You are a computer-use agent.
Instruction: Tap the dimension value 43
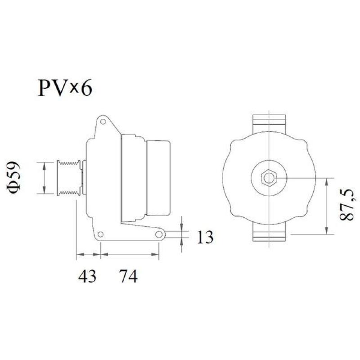pyautogui.click(x=87, y=275)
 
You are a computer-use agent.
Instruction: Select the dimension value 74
pyautogui.click(x=128, y=275)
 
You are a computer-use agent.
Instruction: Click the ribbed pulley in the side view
pyautogui.click(x=68, y=178)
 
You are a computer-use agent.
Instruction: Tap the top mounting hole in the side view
pyautogui.click(x=103, y=121)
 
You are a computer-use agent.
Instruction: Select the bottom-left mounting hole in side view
pyautogui.click(x=101, y=234)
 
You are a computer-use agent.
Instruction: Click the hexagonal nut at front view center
pyautogui.click(x=269, y=178)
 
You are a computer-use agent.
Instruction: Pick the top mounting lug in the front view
pyautogui.click(x=269, y=123)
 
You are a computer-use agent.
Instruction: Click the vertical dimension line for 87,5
pyautogui.click(x=326, y=206)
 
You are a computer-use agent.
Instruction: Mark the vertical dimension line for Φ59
pyautogui.click(x=44, y=178)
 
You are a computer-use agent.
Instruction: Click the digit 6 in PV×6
pyautogui.click(x=86, y=88)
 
